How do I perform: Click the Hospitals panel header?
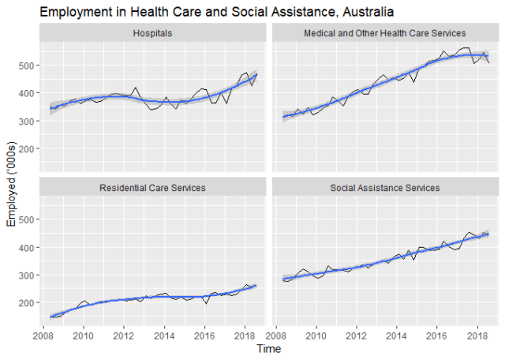coord(154,34)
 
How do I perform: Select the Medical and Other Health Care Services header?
coord(385,34)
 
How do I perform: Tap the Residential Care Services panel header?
coord(152,188)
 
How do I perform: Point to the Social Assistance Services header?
coord(385,188)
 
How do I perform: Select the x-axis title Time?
coord(269,348)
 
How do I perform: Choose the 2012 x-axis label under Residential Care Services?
coord(123,335)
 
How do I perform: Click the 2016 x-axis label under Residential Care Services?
coord(204,335)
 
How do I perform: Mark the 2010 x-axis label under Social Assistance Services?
coord(316,335)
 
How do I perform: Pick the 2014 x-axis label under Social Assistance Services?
coord(397,335)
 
